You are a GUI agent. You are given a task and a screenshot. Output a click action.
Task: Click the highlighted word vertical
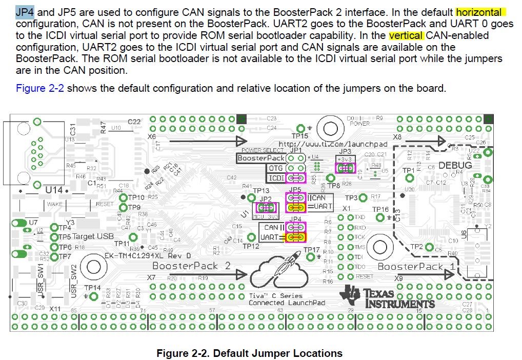pos(407,35)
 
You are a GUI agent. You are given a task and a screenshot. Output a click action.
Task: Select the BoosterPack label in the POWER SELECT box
pos(261,158)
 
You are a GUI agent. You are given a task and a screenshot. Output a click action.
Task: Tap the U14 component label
pos(53,190)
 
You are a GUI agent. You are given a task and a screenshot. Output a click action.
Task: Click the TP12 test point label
pos(251,246)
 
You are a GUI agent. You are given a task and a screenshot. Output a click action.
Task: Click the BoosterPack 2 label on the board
pos(191,266)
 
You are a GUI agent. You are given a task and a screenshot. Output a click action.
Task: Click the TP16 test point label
pos(380,209)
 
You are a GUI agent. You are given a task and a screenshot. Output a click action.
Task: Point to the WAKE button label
pos(54,204)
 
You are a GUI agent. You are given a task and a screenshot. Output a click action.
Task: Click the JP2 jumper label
pos(266,199)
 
